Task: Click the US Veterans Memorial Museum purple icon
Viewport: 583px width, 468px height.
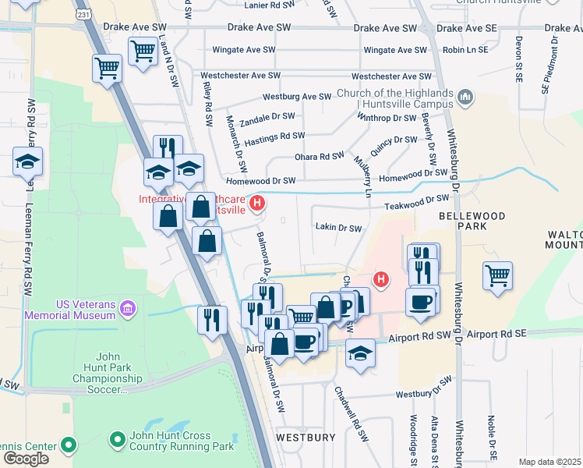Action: [129, 310]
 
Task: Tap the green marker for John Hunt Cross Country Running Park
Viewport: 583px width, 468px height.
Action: [118, 441]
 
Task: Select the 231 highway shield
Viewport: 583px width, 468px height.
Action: [83, 15]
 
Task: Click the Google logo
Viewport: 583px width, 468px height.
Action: [26, 459]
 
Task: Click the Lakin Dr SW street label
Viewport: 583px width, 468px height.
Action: [338, 229]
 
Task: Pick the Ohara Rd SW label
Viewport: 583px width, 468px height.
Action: [319, 157]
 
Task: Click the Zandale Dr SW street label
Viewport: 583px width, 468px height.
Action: [267, 116]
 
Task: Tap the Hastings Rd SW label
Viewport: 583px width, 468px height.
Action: [274, 136]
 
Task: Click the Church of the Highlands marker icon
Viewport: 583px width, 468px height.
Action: [466, 97]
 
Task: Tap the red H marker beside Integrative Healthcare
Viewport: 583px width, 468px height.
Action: [258, 205]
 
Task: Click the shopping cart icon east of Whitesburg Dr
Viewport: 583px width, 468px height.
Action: [497, 275]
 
